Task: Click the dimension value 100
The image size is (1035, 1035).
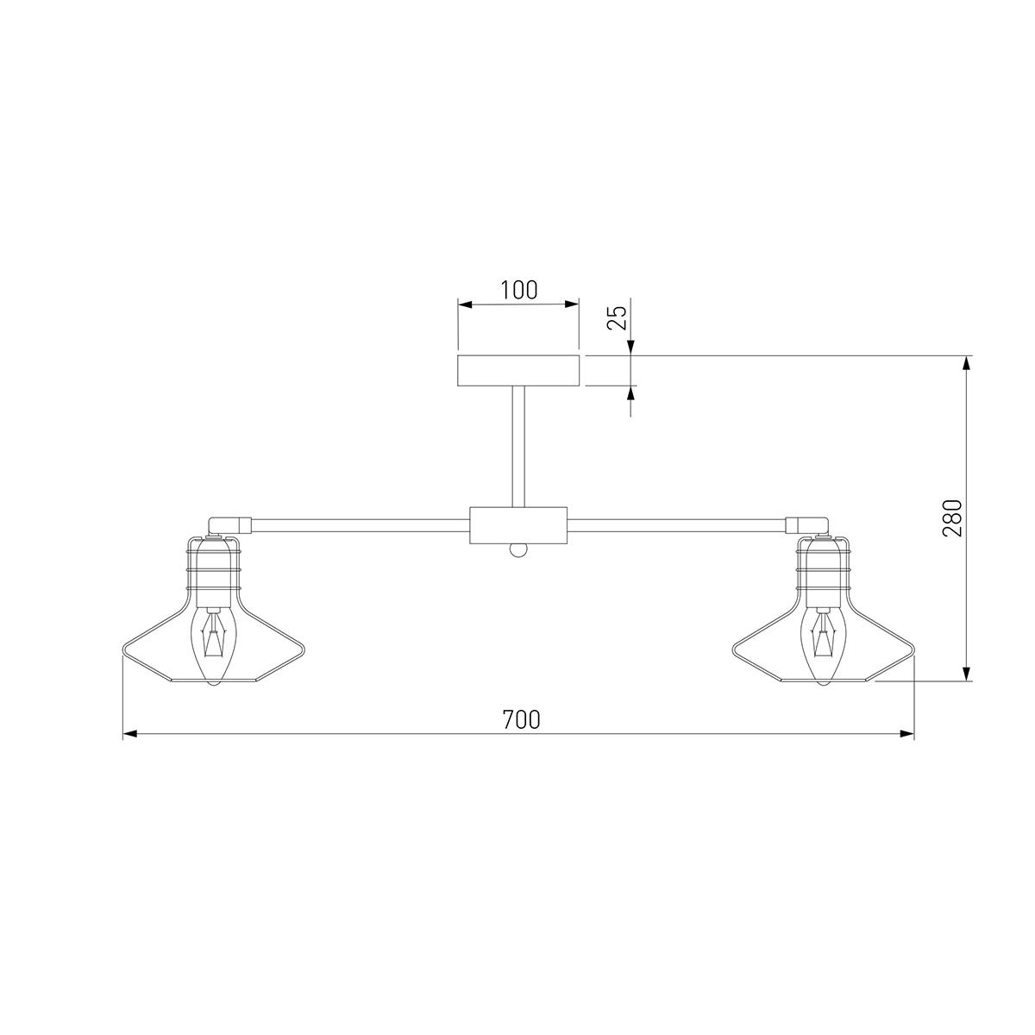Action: (519, 290)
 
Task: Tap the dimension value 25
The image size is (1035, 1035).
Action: (617, 317)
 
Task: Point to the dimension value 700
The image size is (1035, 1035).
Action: (521, 719)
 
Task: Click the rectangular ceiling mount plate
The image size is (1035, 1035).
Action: (518, 370)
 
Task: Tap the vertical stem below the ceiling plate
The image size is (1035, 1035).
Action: (518, 446)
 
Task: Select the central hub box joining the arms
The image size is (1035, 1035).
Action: (518, 524)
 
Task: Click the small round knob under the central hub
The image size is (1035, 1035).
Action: (518, 550)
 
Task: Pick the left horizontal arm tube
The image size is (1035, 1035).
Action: (360, 524)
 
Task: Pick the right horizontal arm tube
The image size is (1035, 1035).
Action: (677, 524)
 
